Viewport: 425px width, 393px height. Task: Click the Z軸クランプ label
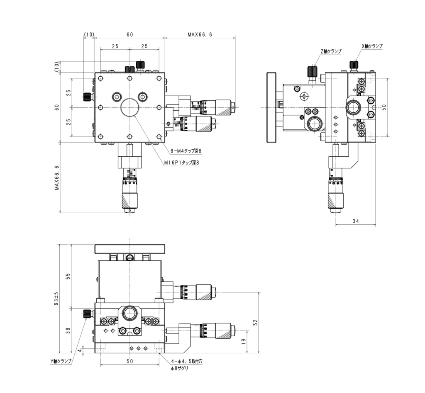point(331,51)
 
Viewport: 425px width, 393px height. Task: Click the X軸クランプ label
point(372,46)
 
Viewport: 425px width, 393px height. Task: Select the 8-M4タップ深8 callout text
point(186,151)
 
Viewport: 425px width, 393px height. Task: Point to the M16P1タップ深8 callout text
point(182,163)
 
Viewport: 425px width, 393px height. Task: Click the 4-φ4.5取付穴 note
point(187,361)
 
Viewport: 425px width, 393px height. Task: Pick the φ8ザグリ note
point(179,368)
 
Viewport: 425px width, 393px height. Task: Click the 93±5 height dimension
point(56,298)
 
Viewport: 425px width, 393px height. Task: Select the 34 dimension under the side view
point(356,221)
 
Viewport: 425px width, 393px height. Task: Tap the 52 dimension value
point(255,322)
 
